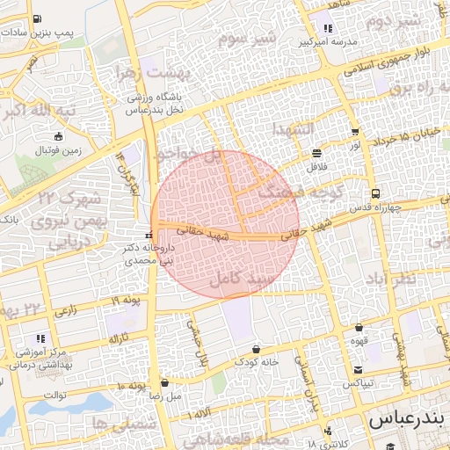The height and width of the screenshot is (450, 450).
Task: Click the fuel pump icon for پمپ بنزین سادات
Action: [35, 18]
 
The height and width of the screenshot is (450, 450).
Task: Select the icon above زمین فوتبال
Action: [59, 136]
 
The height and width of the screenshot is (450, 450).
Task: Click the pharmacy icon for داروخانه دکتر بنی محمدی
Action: [149, 236]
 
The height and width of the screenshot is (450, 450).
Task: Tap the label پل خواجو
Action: [187, 159]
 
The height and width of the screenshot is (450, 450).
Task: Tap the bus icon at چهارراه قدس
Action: [376, 193]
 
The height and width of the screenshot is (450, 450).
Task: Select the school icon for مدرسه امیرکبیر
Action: [328, 28]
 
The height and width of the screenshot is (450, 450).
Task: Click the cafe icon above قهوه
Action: [359, 327]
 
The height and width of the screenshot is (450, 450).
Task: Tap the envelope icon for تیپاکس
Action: [359, 369]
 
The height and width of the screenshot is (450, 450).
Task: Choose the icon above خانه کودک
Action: [256, 348]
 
